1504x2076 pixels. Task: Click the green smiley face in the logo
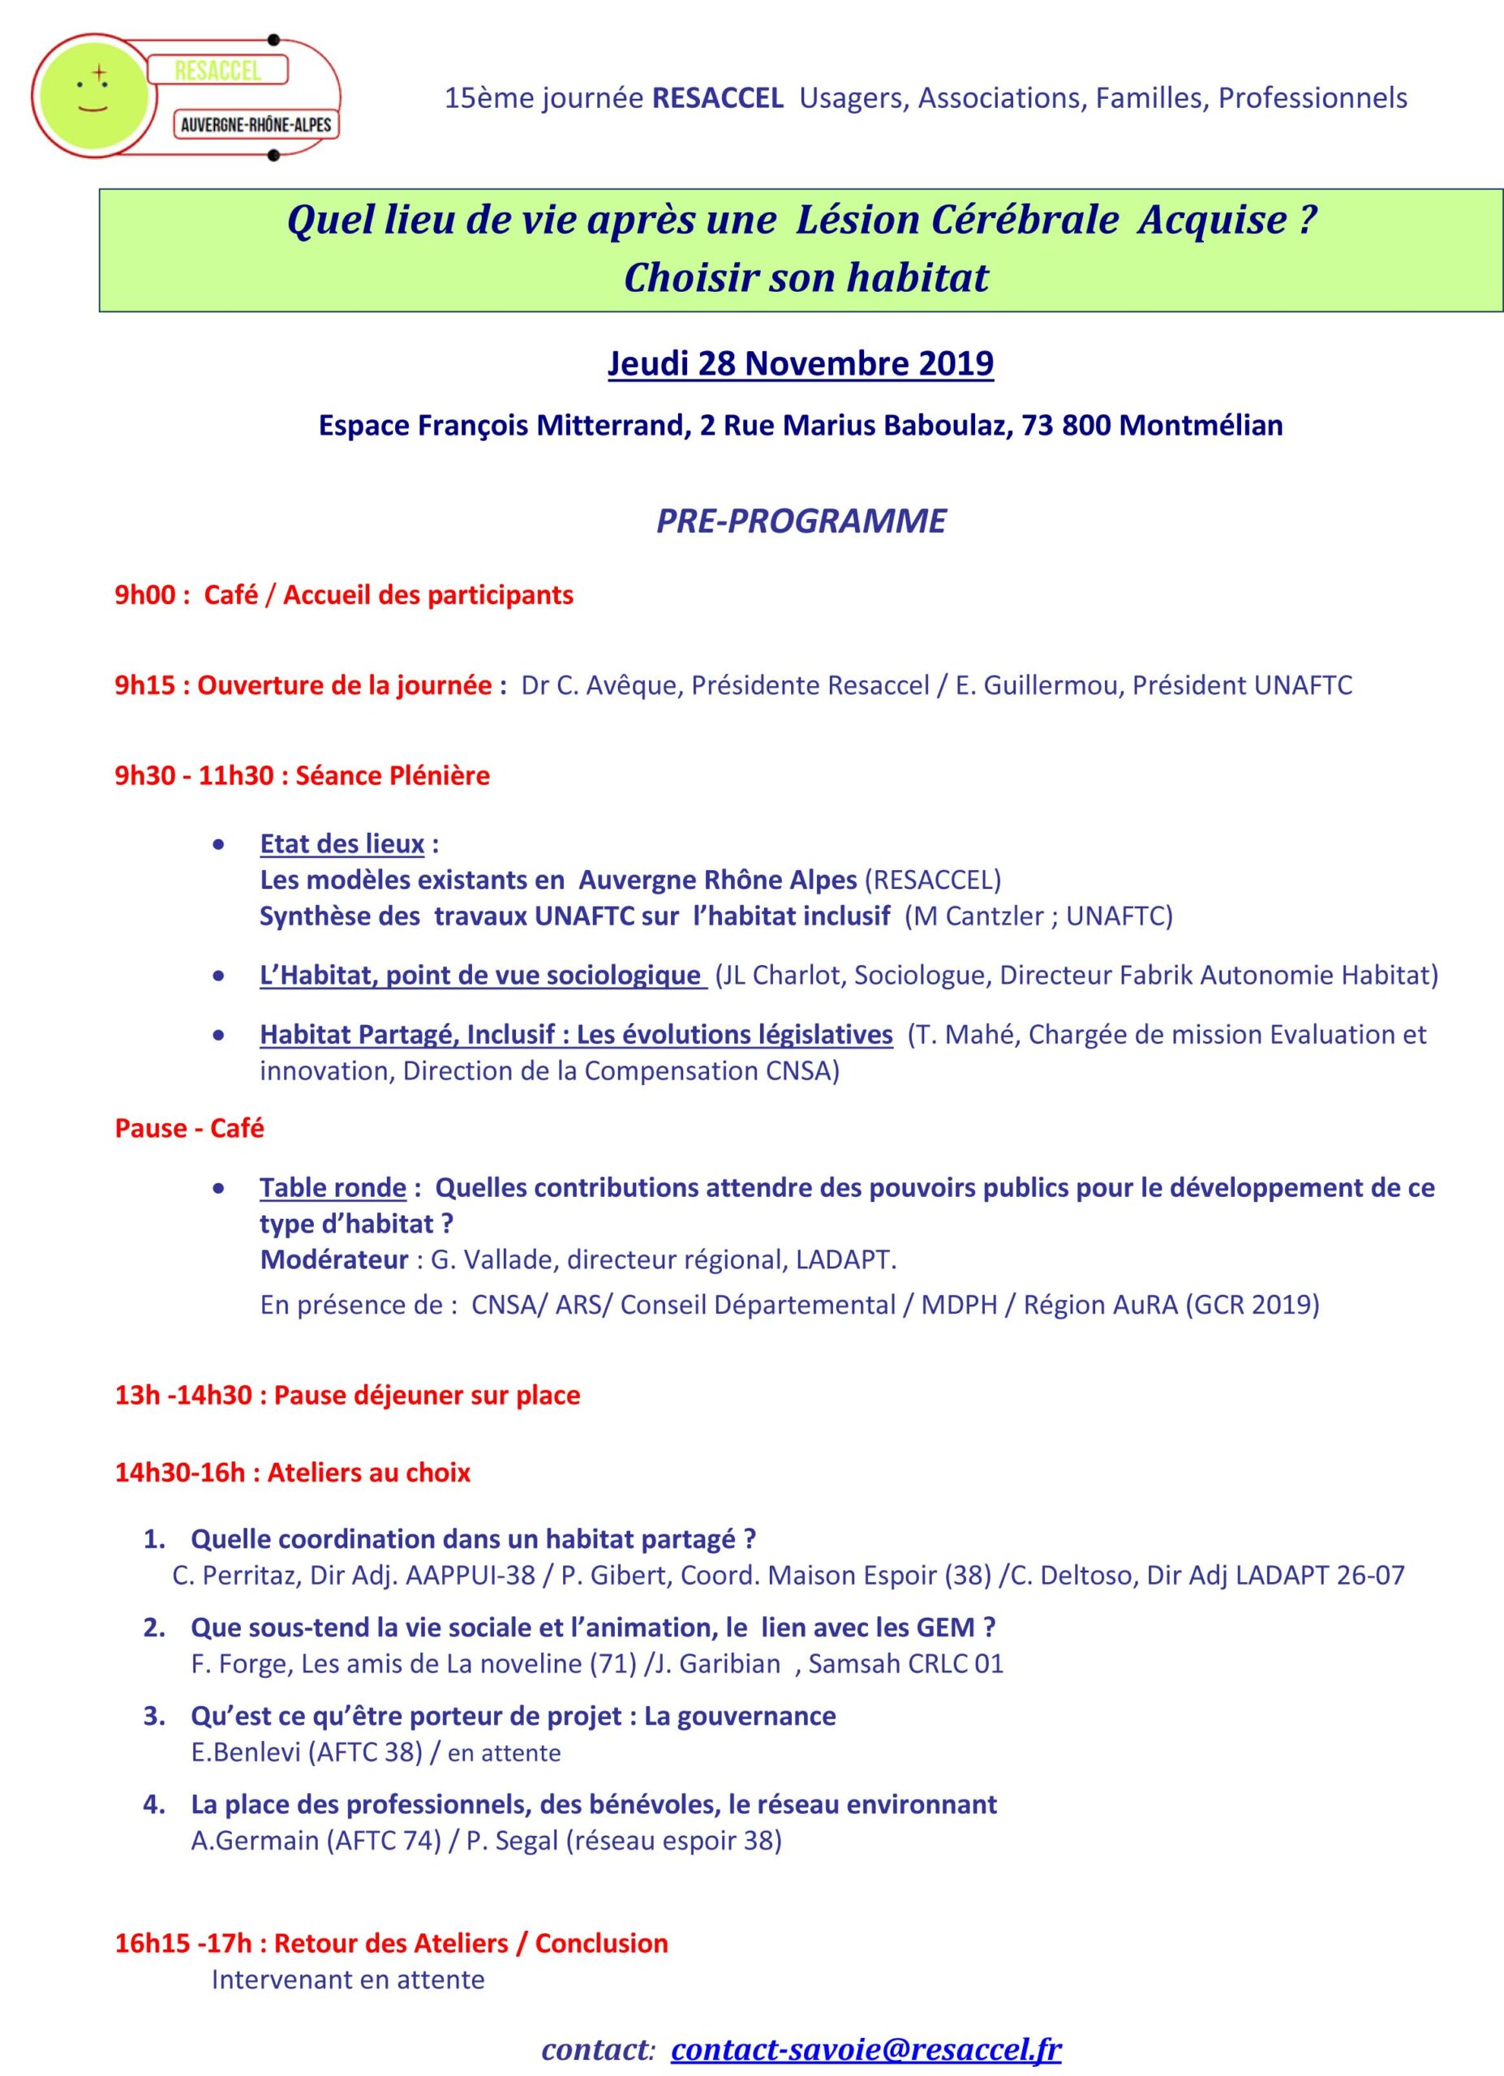[x=91, y=95]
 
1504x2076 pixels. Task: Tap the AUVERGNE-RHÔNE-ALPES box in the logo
[x=256, y=123]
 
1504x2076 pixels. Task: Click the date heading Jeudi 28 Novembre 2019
[x=800, y=363]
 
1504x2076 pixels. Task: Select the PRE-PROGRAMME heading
[x=801, y=520]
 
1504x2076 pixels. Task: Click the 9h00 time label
[x=144, y=595]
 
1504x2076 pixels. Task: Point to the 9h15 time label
[x=144, y=685]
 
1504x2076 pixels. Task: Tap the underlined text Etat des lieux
[x=342, y=843]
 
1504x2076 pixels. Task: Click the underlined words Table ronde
[x=333, y=1187]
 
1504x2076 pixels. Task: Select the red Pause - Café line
[x=190, y=1128]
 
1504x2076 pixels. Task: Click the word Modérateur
[x=334, y=1259]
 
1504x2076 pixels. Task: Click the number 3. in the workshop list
[x=155, y=1715]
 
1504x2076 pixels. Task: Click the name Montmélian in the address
[x=1200, y=426]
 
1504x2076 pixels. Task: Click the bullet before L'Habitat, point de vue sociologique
[x=218, y=976]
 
